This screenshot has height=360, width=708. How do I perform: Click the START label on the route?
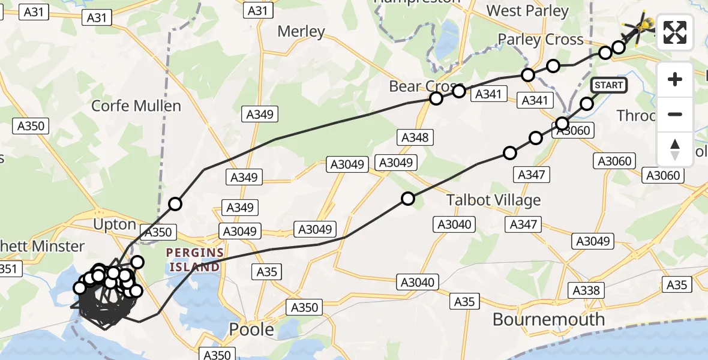609,85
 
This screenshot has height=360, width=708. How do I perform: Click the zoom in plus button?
675,79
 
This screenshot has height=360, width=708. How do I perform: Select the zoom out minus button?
675,114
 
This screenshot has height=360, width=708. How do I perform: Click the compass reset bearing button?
675,149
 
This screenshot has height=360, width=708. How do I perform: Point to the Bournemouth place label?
548,319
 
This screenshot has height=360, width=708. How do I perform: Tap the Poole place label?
252,329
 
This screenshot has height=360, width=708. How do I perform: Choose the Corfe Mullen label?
136,106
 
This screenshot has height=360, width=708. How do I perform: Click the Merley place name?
301,32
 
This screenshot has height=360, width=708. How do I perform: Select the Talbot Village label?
494,200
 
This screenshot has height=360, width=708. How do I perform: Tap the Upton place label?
115,224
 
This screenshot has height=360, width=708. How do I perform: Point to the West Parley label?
527,11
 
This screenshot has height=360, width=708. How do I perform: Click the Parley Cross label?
541,40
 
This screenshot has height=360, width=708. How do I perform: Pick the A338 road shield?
586,290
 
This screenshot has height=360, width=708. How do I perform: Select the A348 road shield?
415,137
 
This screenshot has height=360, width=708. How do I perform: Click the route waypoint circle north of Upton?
175,204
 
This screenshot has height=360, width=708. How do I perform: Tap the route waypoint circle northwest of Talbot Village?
408,199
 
